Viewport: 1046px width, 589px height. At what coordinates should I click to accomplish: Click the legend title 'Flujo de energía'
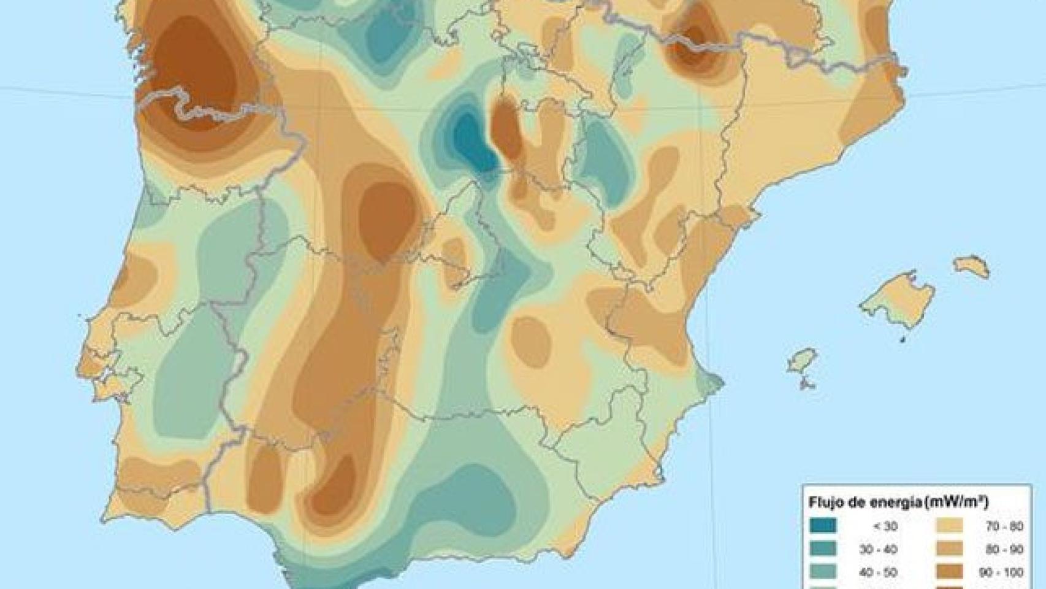(x=865, y=503)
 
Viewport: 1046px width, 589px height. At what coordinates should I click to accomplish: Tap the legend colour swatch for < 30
(x=823, y=526)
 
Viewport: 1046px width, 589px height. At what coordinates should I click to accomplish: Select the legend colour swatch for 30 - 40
(x=823, y=550)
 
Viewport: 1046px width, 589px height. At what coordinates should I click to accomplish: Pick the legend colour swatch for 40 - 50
(x=823, y=572)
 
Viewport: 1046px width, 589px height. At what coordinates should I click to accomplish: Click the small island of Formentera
(x=808, y=385)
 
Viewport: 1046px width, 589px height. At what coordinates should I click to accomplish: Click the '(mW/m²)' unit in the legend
(x=958, y=503)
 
